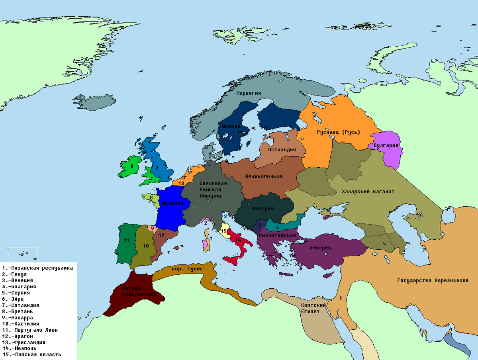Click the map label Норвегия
click(249, 93)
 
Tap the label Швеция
click(231, 126)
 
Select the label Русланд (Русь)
click(338, 132)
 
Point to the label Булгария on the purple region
click(386, 145)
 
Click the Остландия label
click(282, 150)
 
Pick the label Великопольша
click(264, 176)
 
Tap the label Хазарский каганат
click(368, 192)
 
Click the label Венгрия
click(263, 208)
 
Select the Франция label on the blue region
click(172, 203)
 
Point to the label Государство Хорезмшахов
click(433, 280)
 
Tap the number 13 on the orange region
click(181, 183)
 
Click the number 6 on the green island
click(131, 166)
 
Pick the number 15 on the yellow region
click(223, 231)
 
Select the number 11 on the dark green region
click(127, 240)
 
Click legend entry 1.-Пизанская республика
click(37, 268)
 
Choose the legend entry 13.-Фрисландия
click(24, 342)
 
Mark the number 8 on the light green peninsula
click(151, 197)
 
